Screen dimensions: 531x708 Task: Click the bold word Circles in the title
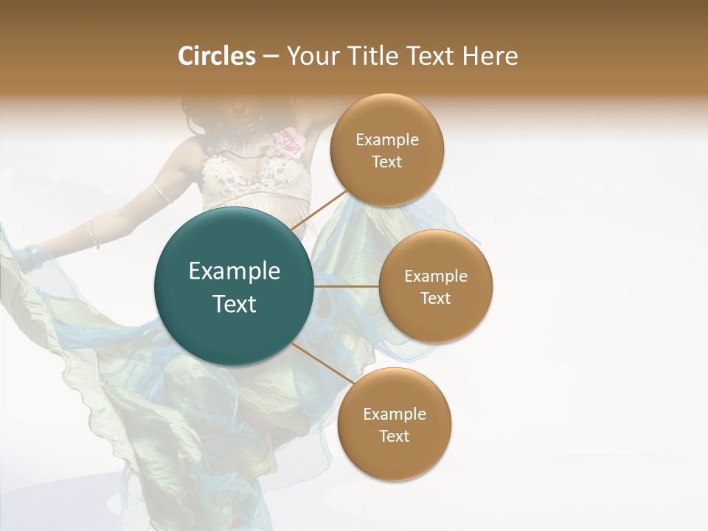tap(216, 56)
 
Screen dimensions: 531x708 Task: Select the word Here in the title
tap(490, 56)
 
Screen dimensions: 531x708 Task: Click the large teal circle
tap(234, 287)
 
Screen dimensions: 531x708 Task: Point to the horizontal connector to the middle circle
tap(347, 286)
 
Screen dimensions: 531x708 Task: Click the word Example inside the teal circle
tap(234, 271)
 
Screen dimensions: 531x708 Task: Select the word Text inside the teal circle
tap(234, 304)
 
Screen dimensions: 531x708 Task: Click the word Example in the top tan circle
tap(387, 140)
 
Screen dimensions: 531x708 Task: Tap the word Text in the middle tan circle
tap(436, 299)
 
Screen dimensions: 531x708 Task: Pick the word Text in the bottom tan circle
tap(395, 437)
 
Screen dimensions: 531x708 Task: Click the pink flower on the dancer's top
tap(291, 142)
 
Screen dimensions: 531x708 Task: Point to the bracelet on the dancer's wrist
tap(93, 234)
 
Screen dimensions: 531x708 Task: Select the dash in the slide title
tap(271, 57)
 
